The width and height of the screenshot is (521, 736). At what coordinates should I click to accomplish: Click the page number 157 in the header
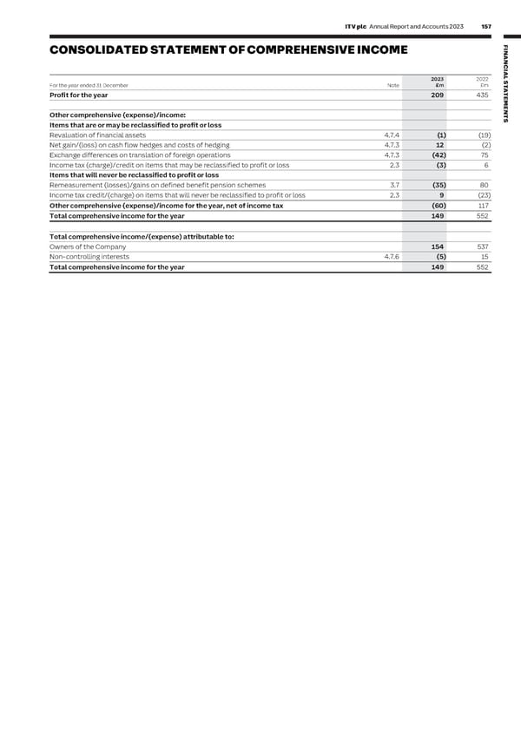click(x=485, y=26)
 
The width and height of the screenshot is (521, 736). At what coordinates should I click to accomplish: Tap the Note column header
click(x=392, y=85)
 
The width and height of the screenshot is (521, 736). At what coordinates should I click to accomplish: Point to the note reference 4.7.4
click(x=392, y=135)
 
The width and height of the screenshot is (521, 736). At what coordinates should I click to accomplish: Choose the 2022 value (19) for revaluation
click(x=485, y=135)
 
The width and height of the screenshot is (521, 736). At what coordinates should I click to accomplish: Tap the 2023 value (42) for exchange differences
click(x=439, y=155)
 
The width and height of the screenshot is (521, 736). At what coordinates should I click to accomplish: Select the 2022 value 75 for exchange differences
click(x=485, y=155)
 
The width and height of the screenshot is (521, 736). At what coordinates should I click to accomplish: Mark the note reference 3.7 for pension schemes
click(x=394, y=185)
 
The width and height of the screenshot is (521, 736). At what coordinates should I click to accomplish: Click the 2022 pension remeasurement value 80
click(x=485, y=185)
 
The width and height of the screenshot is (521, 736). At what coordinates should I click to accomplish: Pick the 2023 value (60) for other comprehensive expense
click(x=439, y=206)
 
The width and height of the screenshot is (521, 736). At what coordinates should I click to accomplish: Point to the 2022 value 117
click(x=484, y=206)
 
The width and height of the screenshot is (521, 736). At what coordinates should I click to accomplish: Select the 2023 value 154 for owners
click(x=439, y=246)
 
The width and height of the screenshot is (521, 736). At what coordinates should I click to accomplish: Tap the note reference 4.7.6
click(x=392, y=257)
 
